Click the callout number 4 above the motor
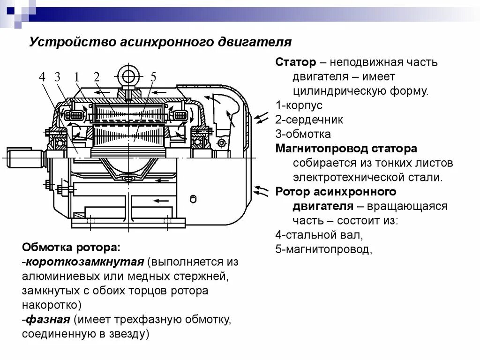click(43, 77)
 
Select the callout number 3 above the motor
click(58, 77)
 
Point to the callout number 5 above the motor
click(153, 77)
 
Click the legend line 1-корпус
click(299, 105)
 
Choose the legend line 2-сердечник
click(309, 120)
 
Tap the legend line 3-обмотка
click(303, 134)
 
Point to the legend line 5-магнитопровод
click(323, 250)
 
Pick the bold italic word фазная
click(47, 320)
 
